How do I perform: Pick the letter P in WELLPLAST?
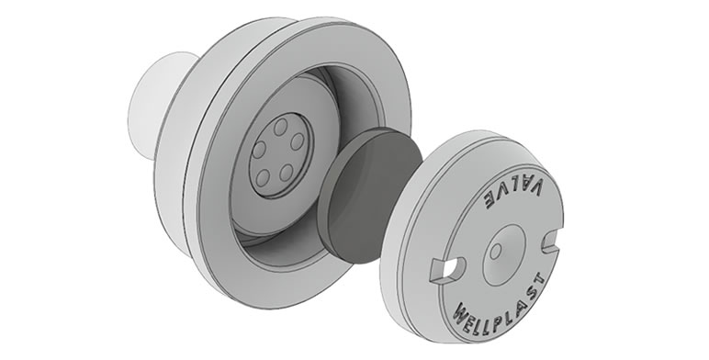502,324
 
